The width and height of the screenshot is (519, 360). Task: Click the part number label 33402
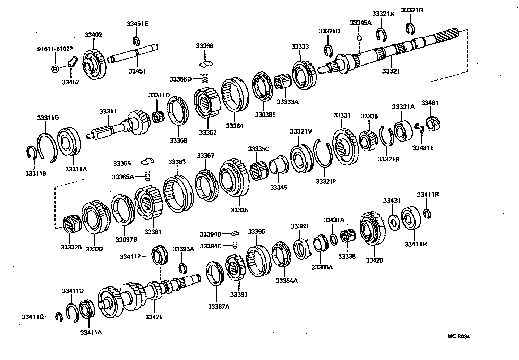(x=93, y=35)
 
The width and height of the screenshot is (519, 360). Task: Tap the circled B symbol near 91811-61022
(x=55, y=69)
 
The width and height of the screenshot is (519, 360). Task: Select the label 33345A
(x=360, y=23)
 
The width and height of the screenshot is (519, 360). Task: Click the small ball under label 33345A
(x=360, y=38)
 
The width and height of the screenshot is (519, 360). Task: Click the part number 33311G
(x=48, y=118)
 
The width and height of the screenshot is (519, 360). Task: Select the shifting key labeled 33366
(x=207, y=63)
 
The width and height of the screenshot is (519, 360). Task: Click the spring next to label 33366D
(x=205, y=79)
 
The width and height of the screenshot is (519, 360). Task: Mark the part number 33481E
(x=423, y=148)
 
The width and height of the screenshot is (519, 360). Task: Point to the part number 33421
(x=154, y=317)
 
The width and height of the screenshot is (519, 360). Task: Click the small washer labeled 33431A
(x=333, y=239)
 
